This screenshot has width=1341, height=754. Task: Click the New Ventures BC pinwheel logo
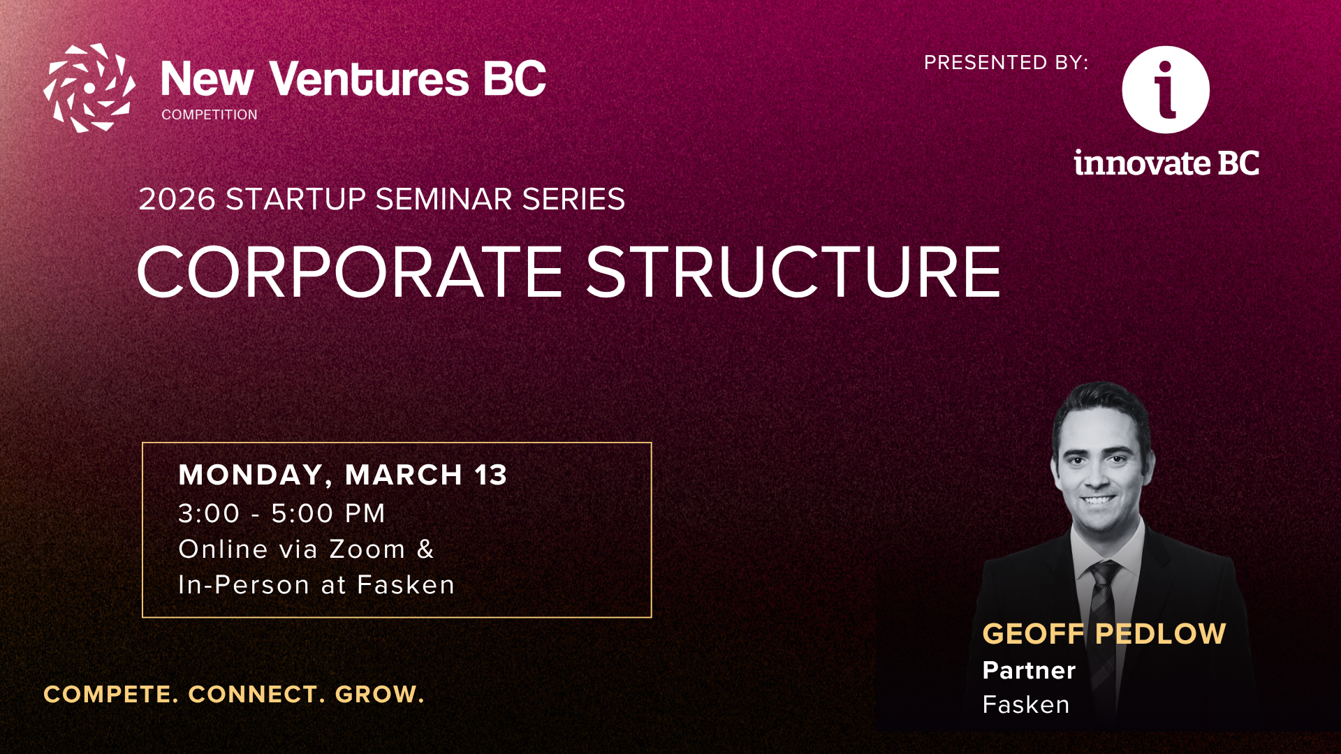[89, 88]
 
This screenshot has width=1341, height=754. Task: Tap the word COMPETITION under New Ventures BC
[210, 114]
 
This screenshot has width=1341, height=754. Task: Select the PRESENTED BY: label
[1006, 63]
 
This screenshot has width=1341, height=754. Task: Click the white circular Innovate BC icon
[1166, 89]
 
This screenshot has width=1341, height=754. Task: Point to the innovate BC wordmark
[1166, 163]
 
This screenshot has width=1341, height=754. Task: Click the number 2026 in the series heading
[177, 200]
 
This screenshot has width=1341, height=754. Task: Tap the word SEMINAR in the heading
[444, 200]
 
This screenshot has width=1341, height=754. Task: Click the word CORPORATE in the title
[349, 272]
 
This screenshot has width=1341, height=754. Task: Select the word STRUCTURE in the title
[793, 272]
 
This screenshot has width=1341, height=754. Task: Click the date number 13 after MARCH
[491, 475]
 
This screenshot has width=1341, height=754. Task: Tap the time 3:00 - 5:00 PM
[281, 514]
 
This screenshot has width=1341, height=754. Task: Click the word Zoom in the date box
[367, 549]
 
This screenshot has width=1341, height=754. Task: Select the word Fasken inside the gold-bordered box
[406, 585]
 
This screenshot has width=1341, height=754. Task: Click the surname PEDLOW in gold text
[1160, 634]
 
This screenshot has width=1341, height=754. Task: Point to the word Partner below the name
[1029, 670]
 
